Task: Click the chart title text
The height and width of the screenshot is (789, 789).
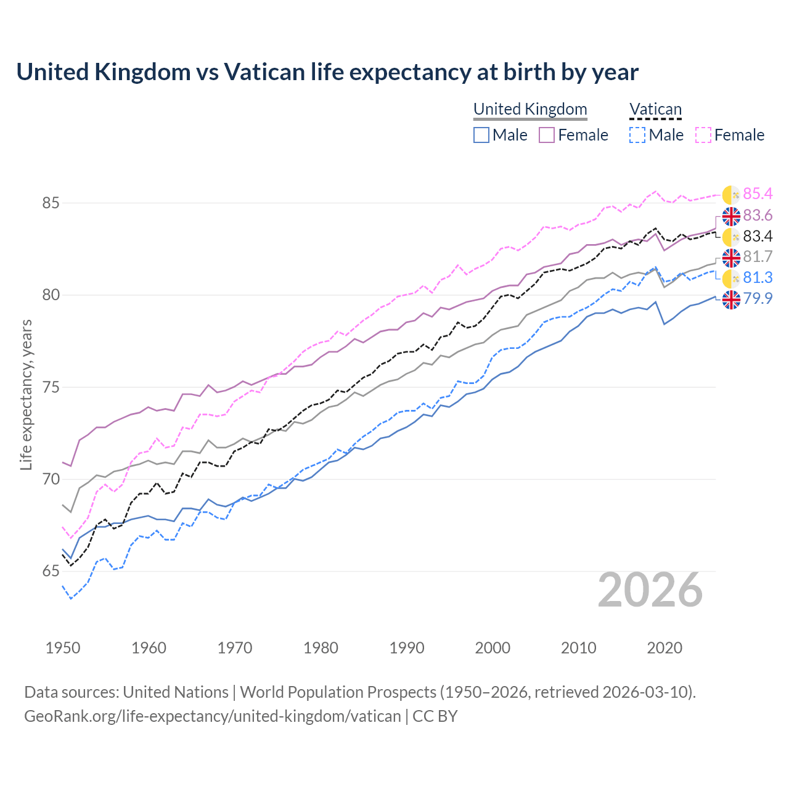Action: (x=327, y=72)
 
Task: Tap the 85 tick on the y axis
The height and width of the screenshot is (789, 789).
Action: (x=51, y=203)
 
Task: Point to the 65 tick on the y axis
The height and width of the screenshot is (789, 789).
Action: (x=51, y=571)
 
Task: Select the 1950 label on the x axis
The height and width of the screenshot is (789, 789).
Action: (x=63, y=648)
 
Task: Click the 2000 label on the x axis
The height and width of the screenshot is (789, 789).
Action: (x=493, y=648)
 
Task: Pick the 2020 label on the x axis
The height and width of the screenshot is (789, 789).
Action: (x=664, y=648)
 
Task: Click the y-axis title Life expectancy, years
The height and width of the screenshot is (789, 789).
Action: (x=26, y=394)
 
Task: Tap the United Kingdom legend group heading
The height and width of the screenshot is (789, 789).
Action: (x=530, y=109)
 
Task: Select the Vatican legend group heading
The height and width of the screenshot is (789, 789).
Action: (x=655, y=109)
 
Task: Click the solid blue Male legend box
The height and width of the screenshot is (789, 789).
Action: (x=481, y=135)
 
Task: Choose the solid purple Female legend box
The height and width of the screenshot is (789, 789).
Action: (x=547, y=135)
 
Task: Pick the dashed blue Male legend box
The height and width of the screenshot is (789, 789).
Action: (x=637, y=135)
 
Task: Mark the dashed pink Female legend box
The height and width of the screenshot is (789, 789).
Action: (x=703, y=135)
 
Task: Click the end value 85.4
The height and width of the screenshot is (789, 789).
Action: (x=758, y=194)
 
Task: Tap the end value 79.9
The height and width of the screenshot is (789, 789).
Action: (x=758, y=299)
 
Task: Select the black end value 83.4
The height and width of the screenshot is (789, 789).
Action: (x=758, y=237)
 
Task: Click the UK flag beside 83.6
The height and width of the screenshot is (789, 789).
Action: (x=731, y=216)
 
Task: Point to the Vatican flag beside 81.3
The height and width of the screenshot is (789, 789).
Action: (x=731, y=278)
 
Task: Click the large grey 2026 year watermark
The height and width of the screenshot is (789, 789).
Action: (x=650, y=590)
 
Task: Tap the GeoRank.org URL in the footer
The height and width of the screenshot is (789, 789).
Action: (x=213, y=716)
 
